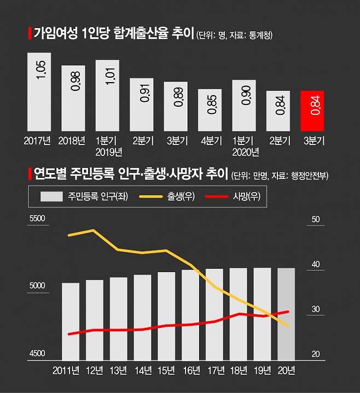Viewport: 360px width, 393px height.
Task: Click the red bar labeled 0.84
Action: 312,112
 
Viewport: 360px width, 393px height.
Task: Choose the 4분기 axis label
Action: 210,141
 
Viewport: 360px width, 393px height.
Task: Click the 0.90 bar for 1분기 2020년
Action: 244,106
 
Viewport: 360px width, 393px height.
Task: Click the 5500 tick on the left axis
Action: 38,219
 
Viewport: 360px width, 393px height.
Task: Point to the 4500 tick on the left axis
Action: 38,354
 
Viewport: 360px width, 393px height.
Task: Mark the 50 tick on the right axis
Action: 315,219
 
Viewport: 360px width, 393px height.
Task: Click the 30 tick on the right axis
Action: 315,309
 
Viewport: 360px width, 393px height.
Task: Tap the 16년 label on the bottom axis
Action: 190,371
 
